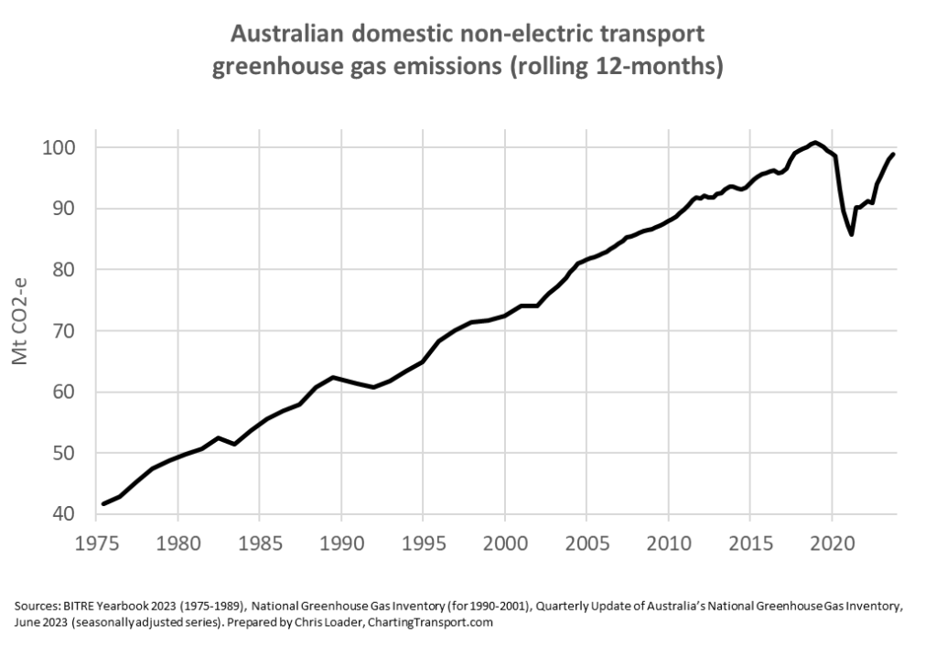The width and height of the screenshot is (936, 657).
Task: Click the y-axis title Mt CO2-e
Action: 20,330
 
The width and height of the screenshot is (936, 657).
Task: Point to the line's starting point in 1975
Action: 103,504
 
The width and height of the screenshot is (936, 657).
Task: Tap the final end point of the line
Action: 894,154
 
